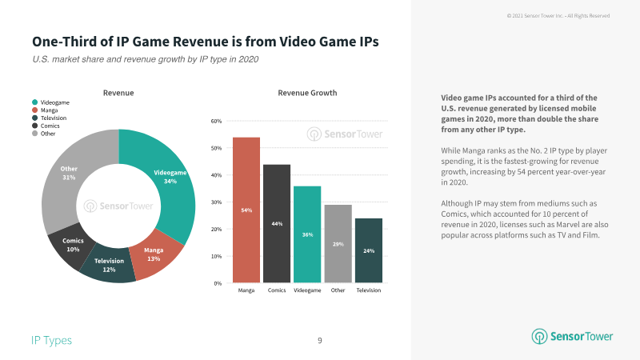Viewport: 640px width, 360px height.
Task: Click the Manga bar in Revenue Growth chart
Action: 246,210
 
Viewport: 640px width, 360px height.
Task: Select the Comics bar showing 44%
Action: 277,223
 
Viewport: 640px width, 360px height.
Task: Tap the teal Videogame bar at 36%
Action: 307,234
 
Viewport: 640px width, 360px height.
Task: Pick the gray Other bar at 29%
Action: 338,244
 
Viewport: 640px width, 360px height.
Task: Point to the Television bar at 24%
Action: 368,250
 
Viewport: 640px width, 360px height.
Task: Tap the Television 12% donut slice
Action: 108,266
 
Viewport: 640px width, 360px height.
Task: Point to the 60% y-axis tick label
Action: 216,122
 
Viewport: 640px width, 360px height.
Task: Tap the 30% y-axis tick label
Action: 216,202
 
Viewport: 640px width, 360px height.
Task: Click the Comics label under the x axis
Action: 277,290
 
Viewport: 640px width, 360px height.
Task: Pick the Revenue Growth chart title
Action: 307,94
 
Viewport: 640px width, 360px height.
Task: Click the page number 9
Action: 320,341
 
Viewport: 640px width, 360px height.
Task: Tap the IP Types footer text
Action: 51,341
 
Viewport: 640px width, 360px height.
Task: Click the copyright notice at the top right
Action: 570,15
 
